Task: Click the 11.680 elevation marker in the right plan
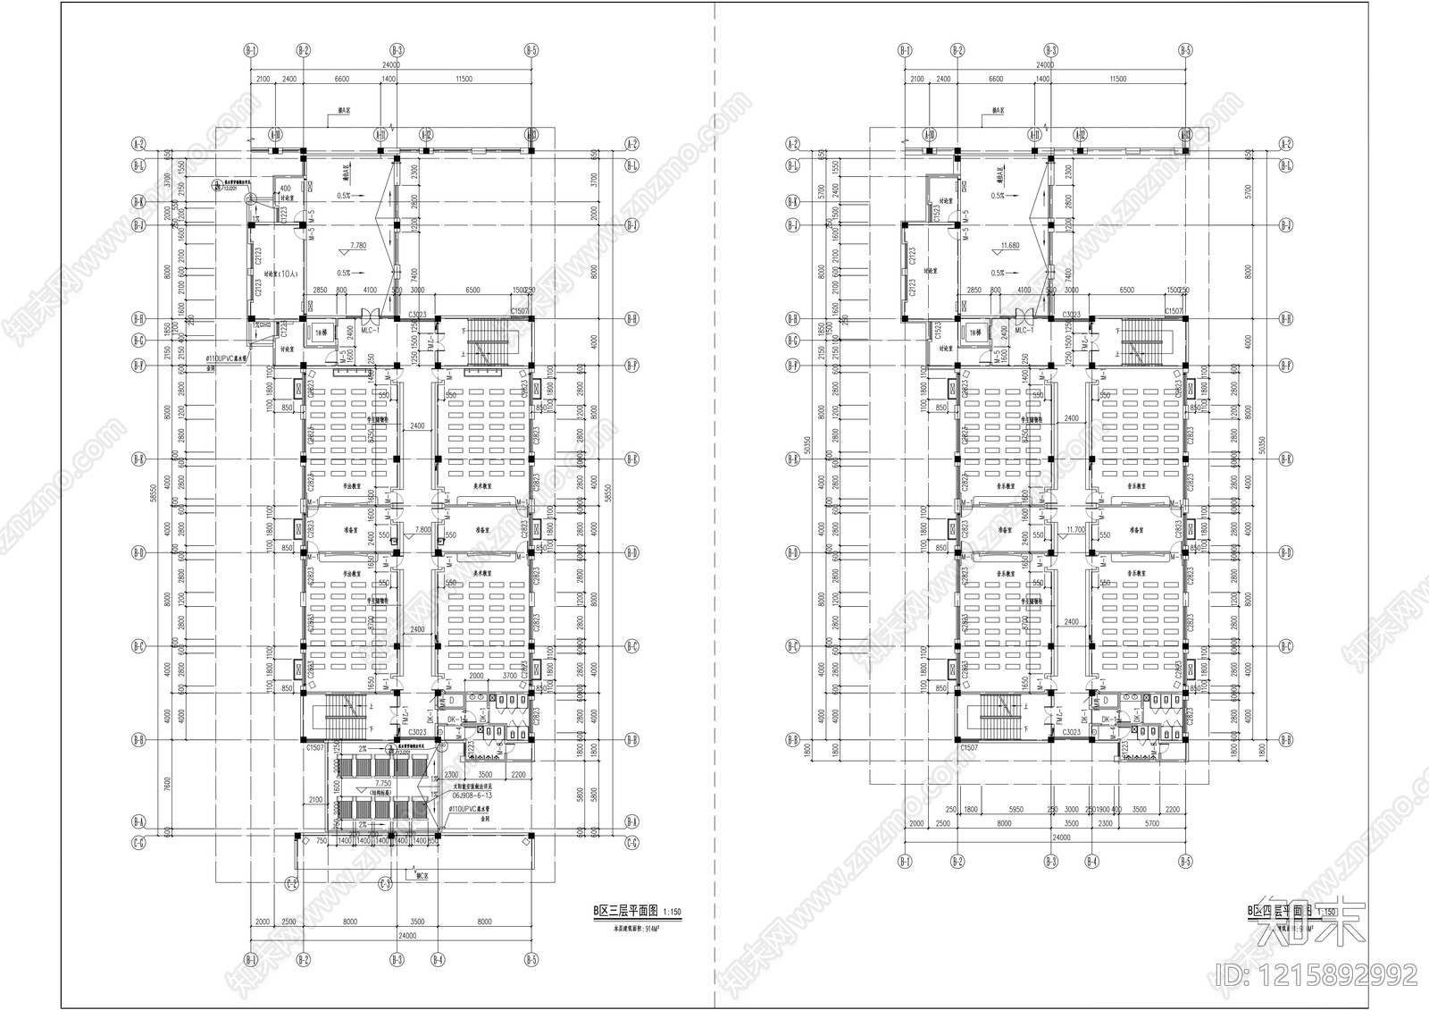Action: click(1010, 245)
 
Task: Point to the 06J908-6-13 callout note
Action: click(473, 794)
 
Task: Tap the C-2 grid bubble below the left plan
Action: click(292, 884)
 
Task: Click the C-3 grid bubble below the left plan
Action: click(385, 884)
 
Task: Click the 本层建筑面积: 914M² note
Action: click(634, 928)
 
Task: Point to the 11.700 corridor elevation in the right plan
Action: click(1075, 529)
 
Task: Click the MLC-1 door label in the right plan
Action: click(1024, 329)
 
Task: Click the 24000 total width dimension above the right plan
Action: click(1044, 65)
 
